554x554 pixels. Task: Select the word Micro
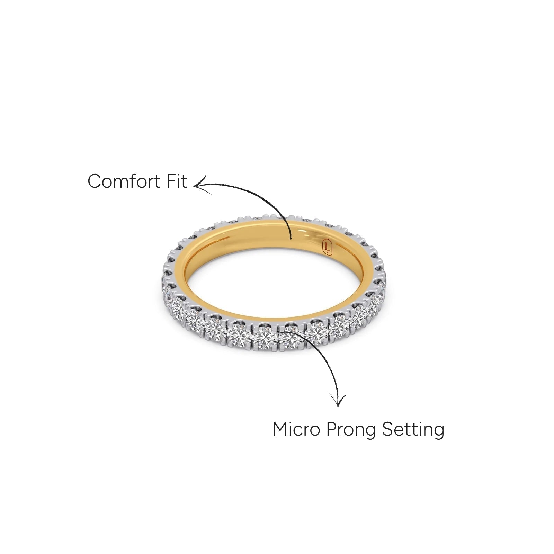[x=296, y=429]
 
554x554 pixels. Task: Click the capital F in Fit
[x=172, y=181]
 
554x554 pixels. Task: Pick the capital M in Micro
[x=281, y=429]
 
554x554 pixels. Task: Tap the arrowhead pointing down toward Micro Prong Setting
[x=338, y=400]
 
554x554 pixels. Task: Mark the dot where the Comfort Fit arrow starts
[x=291, y=238]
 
